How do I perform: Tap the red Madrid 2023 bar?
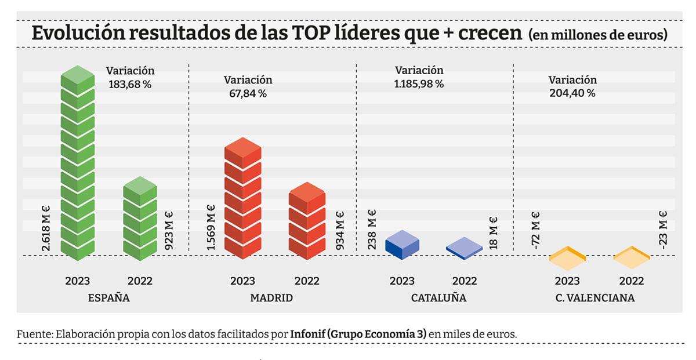(x=242, y=200)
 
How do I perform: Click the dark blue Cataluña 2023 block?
(x=401, y=244)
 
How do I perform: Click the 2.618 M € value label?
(x=46, y=228)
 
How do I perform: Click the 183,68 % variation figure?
(x=130, y=83)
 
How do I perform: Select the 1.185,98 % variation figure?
(x=418, y=83)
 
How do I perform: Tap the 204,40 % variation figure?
(x=572, y=93)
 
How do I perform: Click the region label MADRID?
(x=271, y=299)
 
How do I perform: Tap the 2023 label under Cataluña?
(x=402, y=281)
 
